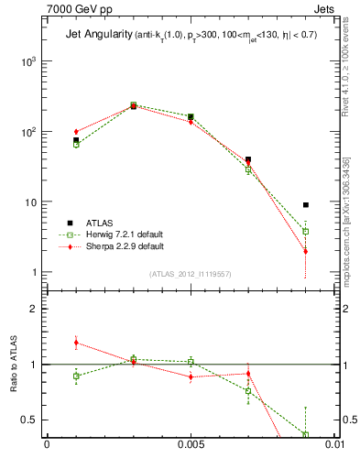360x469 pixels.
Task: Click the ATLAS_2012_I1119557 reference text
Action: point(190,274)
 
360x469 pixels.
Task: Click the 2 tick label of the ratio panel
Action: point(35,309)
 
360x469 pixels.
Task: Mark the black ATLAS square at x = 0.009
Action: point(305,205)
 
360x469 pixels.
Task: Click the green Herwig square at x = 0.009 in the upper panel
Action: point(305,232)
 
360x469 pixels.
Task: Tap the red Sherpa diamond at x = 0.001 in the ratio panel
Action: point(76,343)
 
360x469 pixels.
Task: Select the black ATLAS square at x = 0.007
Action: point(248,159)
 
